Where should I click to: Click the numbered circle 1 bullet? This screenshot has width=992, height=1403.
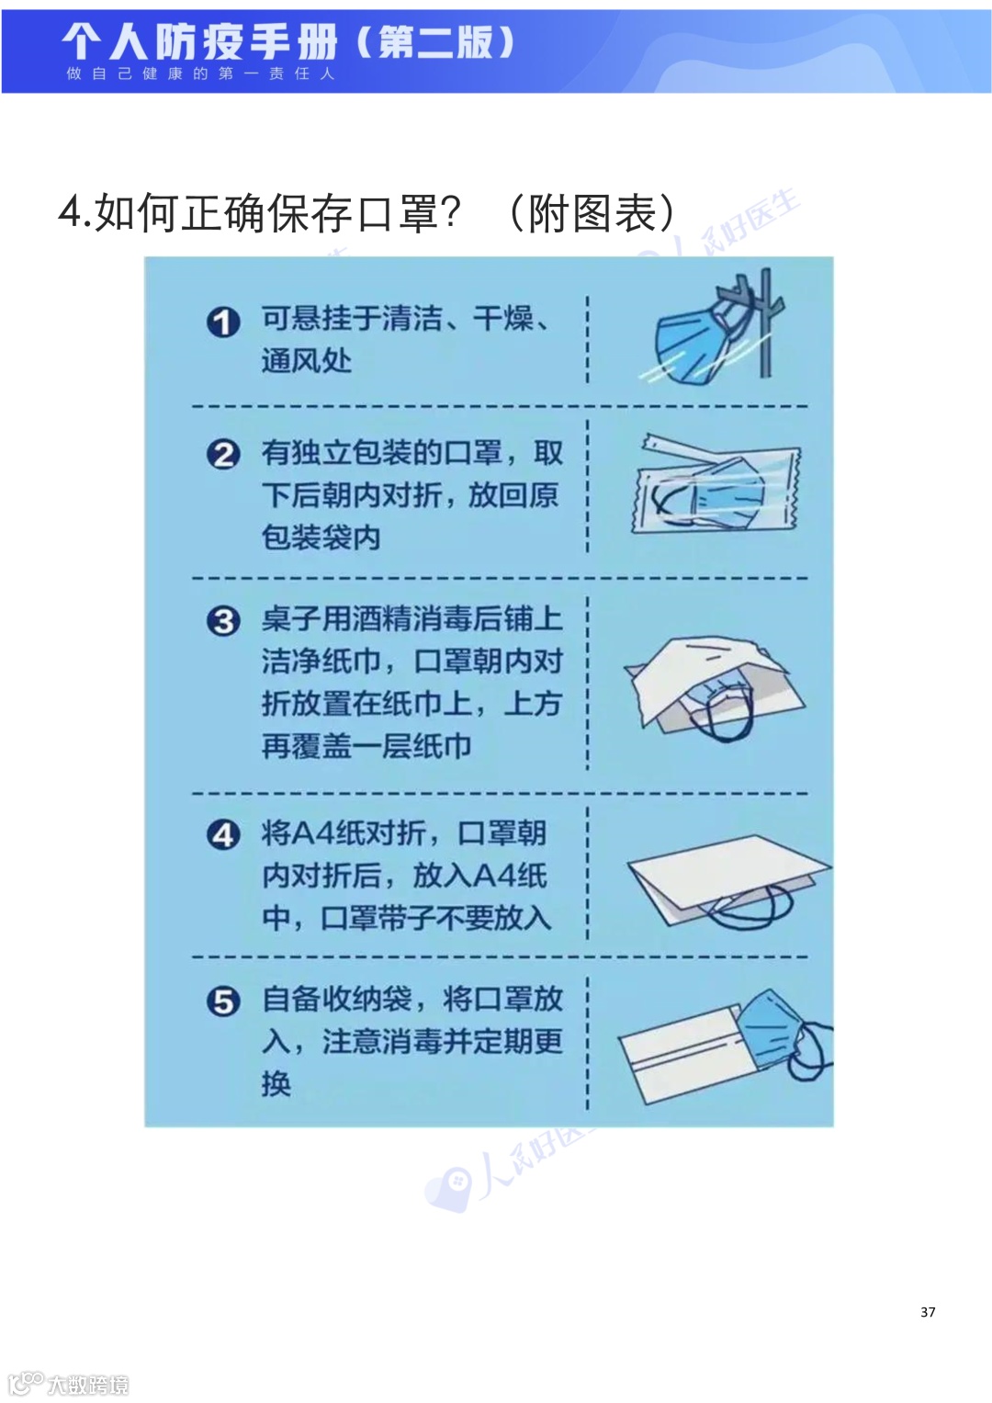click(x=223, y=322)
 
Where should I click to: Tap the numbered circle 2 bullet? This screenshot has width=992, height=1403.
click(x=223, y=455)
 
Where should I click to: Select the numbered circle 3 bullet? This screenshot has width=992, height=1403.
click(x=223, y=621)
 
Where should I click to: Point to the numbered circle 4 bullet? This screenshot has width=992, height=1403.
click(x=223, y=835)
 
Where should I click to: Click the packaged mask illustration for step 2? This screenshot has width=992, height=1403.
click(x=715, y=483)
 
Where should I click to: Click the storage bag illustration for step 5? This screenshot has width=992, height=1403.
click(x=726, y=1047)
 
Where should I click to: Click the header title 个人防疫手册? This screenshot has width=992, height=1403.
click(x=199, y=41)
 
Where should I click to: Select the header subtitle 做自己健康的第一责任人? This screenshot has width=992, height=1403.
click(x=200, y=74)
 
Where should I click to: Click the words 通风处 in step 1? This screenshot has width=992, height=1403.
click(x=306, y=361)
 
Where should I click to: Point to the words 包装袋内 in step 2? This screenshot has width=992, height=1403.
click(x=321, y=537)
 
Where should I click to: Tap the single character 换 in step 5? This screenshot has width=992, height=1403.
click(x=276, y=1083)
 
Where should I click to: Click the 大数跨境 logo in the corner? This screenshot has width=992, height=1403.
click(x=68, y=1384)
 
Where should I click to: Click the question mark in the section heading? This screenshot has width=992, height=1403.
click(x=450, y=212)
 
